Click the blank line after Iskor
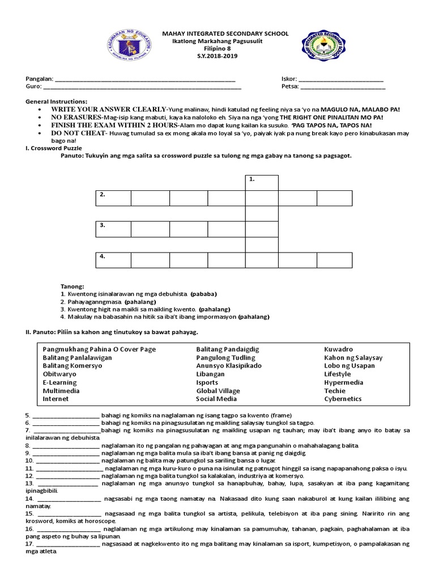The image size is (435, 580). click(x=341, y=79)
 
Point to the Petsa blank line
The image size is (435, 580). click(x=343, y=87)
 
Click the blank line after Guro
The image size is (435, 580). click(x=142, y=87)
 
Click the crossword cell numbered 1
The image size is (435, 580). click(x=262, y=182)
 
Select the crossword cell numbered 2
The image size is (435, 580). click(x=113, y=198)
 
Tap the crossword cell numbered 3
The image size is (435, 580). click(x=113, y=229)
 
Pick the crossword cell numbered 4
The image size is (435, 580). click(x=113, y=259)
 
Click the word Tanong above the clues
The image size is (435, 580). click(x=72, y=287)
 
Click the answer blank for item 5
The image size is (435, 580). click(x=66, y=415)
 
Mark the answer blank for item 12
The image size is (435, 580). click(x=67, y=476)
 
